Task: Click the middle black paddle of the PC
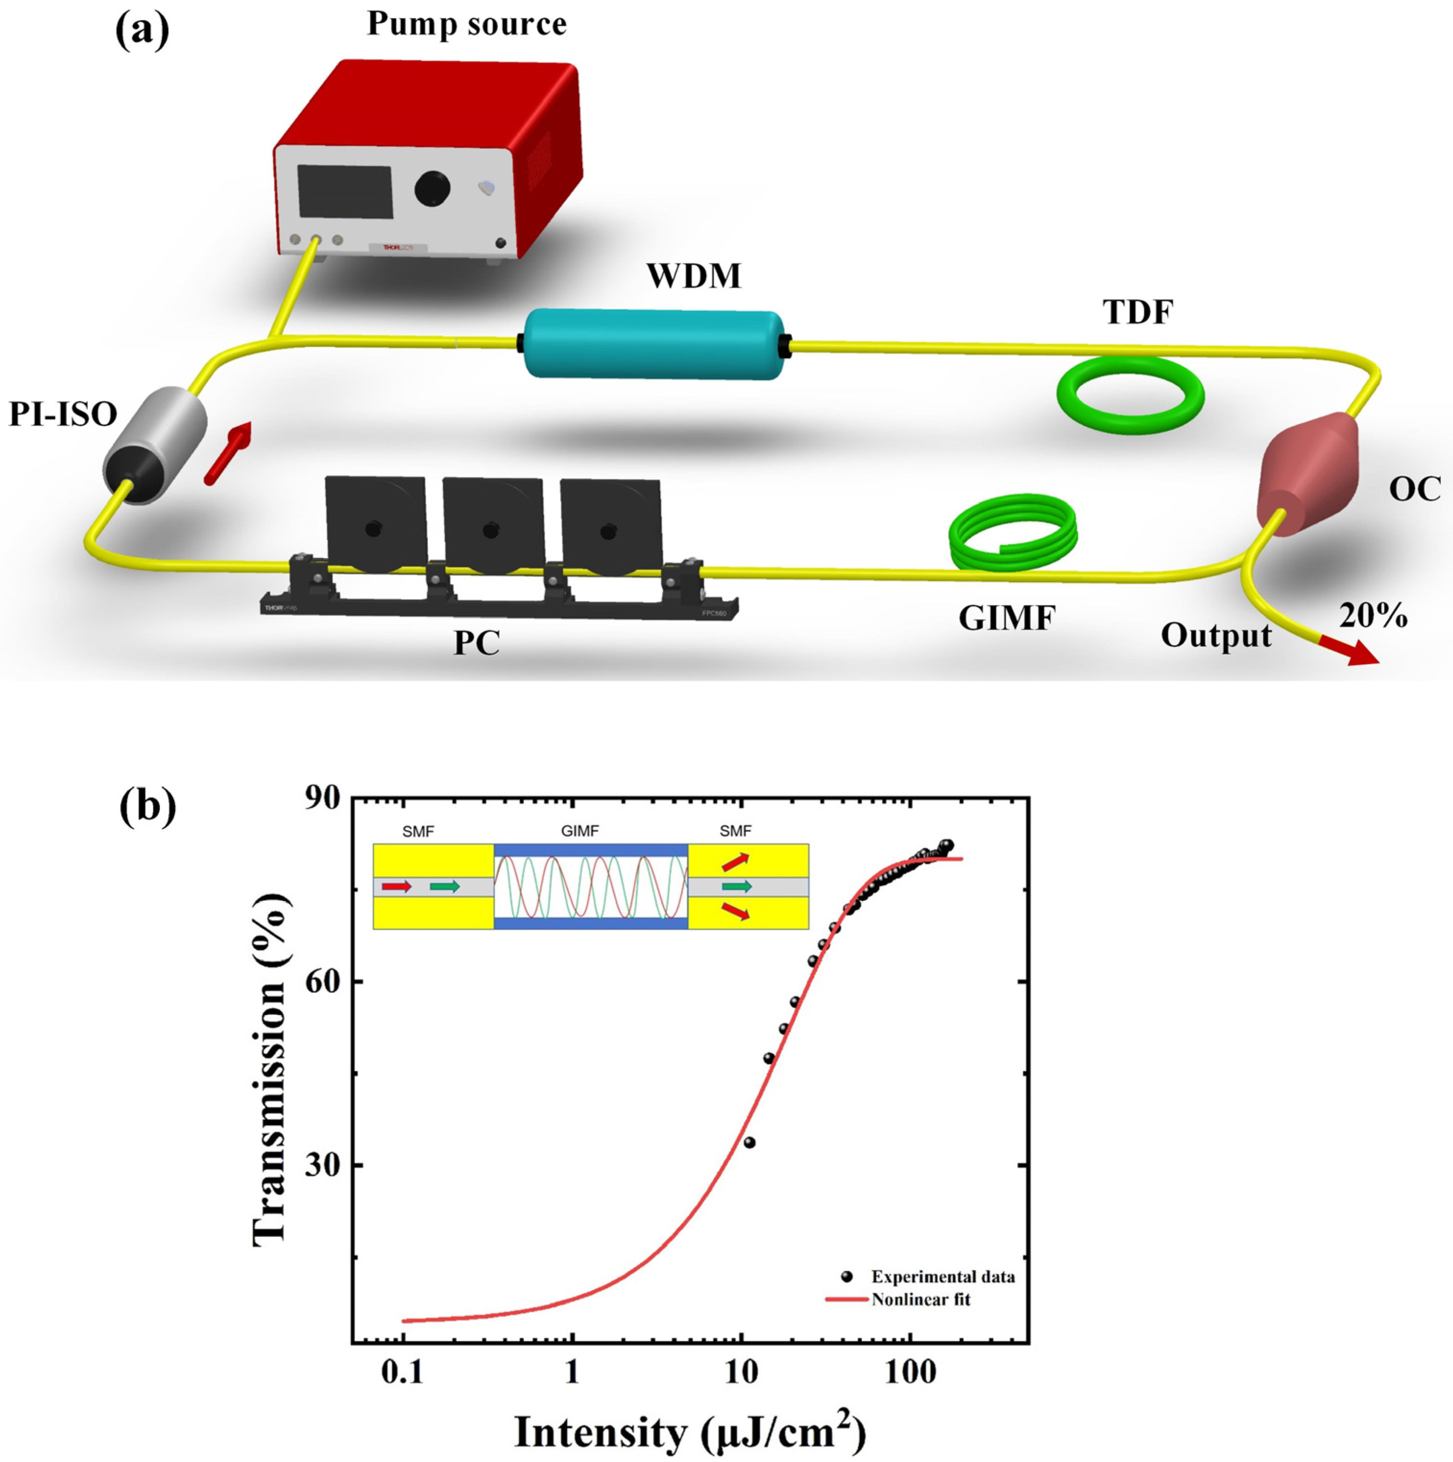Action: point(492,522)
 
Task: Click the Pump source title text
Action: point(467,24)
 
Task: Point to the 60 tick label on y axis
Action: point(323,982)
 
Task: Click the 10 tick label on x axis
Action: point(740,1371)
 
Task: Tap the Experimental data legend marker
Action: point(847,1277)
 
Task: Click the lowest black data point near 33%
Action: point(749,1142)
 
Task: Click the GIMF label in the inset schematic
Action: point(580,831)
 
